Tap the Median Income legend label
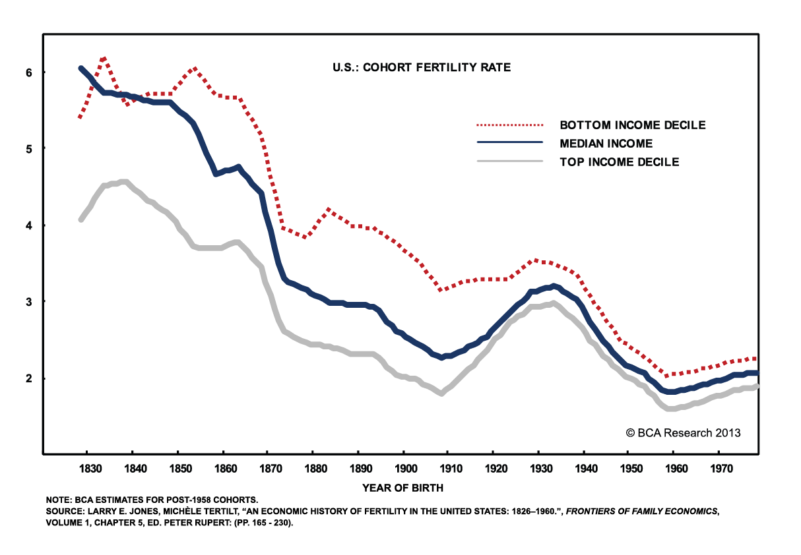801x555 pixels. pos(606,143)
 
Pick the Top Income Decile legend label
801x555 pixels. pos(619,161)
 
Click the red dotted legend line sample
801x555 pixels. pos(509,124)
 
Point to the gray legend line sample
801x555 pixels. pos(509,161)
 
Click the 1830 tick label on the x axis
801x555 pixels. pos(88,469)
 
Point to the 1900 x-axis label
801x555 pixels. pos(403,469)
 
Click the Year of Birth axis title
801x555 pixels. pos(402,488)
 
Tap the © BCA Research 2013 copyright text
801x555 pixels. pos(683,433)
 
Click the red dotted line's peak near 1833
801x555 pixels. pos(104,59)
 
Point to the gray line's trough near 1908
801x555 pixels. pos(441,394)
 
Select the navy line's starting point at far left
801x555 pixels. pos(80,69)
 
